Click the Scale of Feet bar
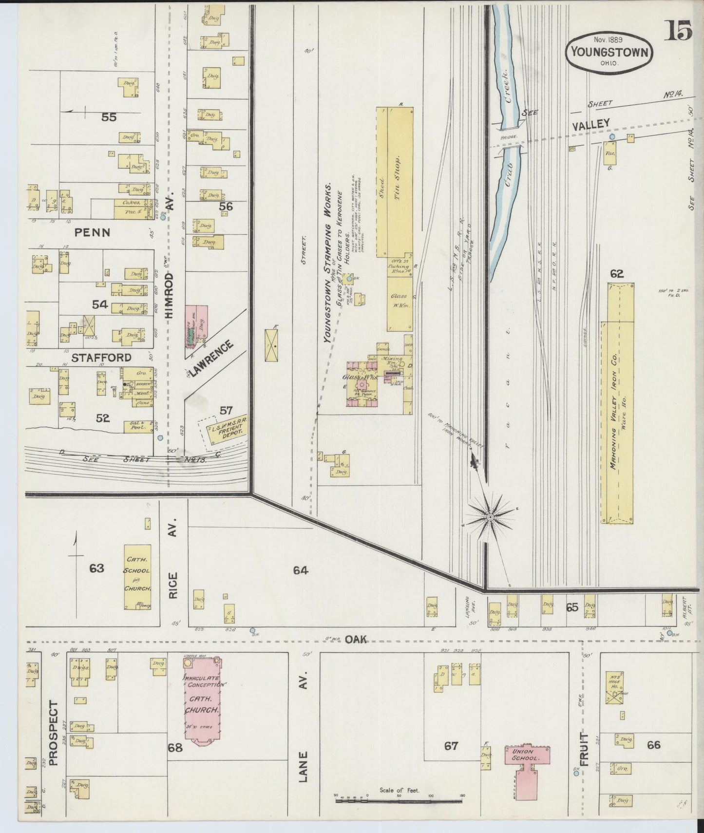(399, 800)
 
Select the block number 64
(301, 570)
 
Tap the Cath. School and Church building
(137, 577)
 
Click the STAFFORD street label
(101, 357)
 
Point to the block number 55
(109, 116)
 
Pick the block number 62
(617, 274)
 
